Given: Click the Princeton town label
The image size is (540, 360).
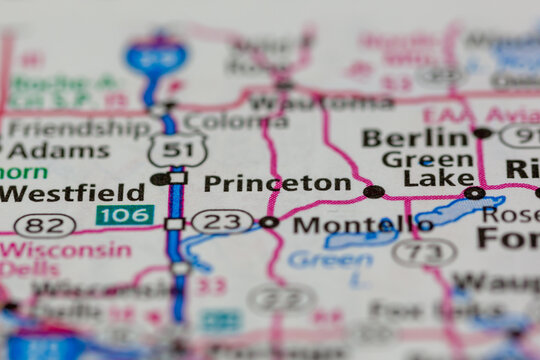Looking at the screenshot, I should (277, 183).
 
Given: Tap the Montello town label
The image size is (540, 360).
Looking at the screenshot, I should (363, 226).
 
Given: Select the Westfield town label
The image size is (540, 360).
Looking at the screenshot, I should (72, 193).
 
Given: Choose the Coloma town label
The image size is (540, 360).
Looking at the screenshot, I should (236, 122).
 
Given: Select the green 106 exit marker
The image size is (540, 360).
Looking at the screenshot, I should (125, 215).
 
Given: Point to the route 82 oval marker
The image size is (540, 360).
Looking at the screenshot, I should (44, 225).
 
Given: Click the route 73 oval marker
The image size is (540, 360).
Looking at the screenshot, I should (424, 252).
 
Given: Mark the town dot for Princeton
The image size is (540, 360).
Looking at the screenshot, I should (373, 191).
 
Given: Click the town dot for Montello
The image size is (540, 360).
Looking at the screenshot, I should (269, 222).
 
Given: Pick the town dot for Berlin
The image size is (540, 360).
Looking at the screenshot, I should (482, 133).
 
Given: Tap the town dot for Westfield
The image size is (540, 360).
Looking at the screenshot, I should (158, 179).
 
